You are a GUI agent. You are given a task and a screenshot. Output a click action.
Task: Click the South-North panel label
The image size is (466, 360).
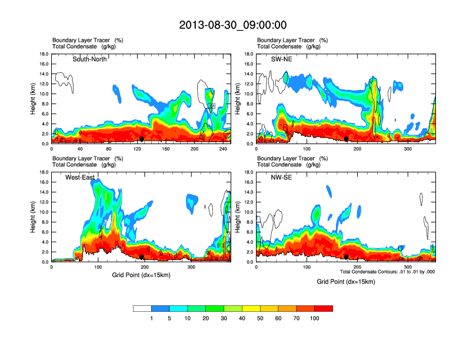point(89,59)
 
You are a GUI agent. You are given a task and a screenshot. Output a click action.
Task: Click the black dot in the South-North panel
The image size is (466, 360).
point(142,139)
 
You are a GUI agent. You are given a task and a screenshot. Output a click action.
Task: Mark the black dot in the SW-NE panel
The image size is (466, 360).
point(347,139)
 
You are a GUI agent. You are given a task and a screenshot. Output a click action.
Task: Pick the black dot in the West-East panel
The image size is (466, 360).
point(142,257)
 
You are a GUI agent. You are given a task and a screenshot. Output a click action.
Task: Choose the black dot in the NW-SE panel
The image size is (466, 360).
point(347,257)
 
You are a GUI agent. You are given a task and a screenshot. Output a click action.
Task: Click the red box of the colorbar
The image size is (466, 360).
point(324,308)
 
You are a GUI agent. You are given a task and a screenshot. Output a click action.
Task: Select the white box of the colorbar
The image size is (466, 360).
point(142,308)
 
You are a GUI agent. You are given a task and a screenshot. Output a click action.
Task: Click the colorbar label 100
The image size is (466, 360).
point(315,318)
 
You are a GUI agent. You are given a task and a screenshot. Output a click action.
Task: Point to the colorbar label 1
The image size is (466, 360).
point(151,318)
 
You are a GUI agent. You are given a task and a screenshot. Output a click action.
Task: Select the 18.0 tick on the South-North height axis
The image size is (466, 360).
point(43,54)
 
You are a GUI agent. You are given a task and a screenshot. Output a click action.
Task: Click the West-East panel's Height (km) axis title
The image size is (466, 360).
point(34,217)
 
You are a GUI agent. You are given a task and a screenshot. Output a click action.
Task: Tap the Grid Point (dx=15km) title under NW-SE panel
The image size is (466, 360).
point(345,281)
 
